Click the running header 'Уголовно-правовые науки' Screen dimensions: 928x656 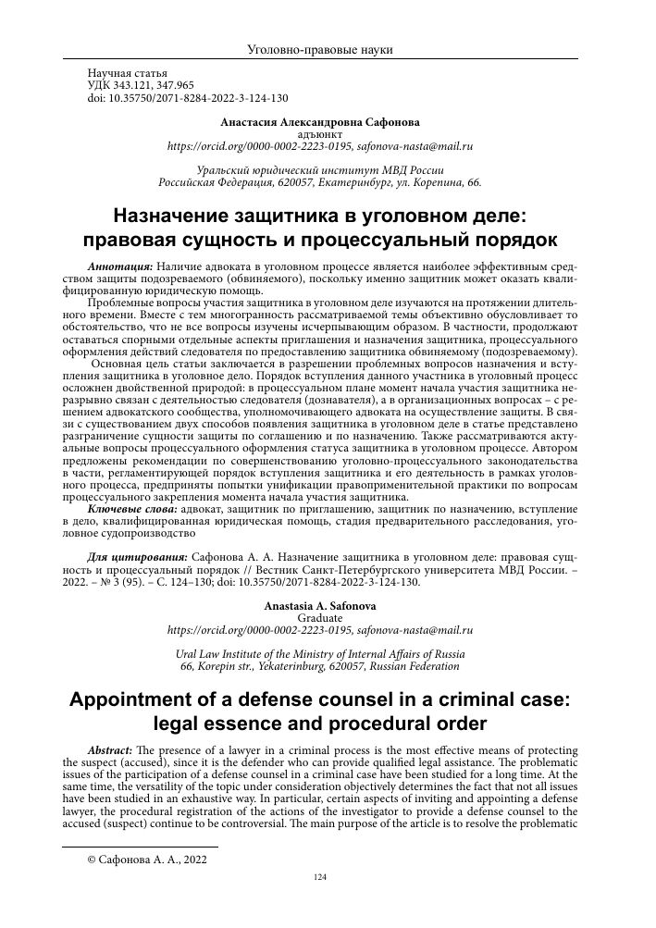click(x=328, y=49)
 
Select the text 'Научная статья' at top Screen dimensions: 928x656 click(x=127, y=71)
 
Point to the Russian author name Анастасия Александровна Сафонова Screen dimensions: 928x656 click(x=328, y=121)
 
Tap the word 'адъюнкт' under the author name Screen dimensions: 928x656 click(x=328, y=133)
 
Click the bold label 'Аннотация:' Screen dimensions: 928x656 click(x=116, y=264)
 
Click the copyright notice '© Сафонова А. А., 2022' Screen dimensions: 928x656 click(x=146, y=859)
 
